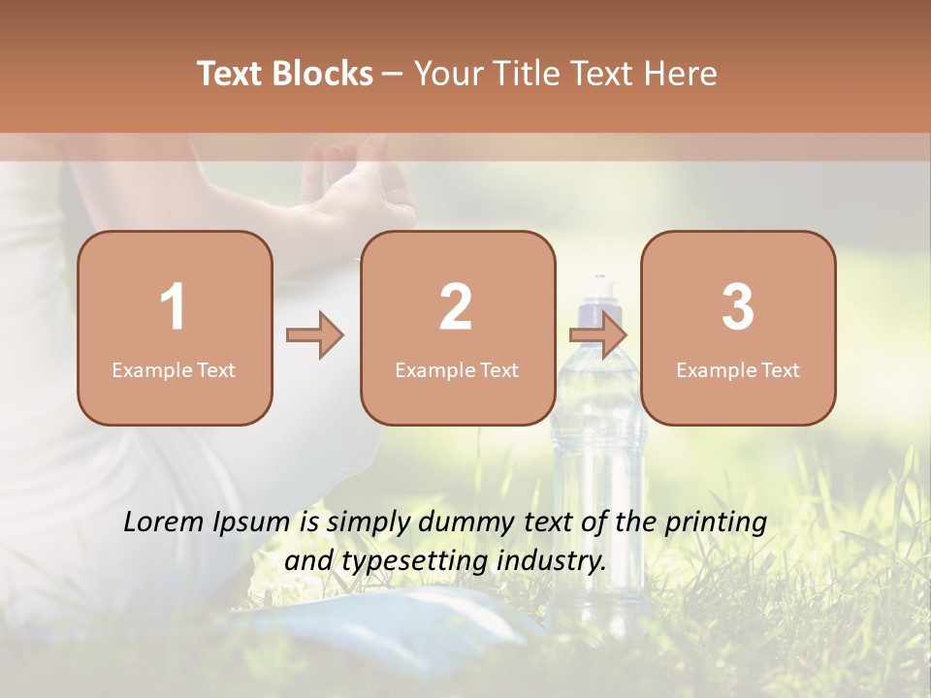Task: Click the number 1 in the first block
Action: [174, 307]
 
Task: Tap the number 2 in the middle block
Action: [456, 307]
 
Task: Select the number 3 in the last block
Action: [738, 307]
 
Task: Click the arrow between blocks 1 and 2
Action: [315, 335]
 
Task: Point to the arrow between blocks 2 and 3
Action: [597, 335]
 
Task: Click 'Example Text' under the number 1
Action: [174, 370]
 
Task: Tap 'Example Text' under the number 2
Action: [457, 370]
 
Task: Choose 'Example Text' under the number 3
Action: [738, 370]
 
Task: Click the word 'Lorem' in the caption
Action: [164, 523]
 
